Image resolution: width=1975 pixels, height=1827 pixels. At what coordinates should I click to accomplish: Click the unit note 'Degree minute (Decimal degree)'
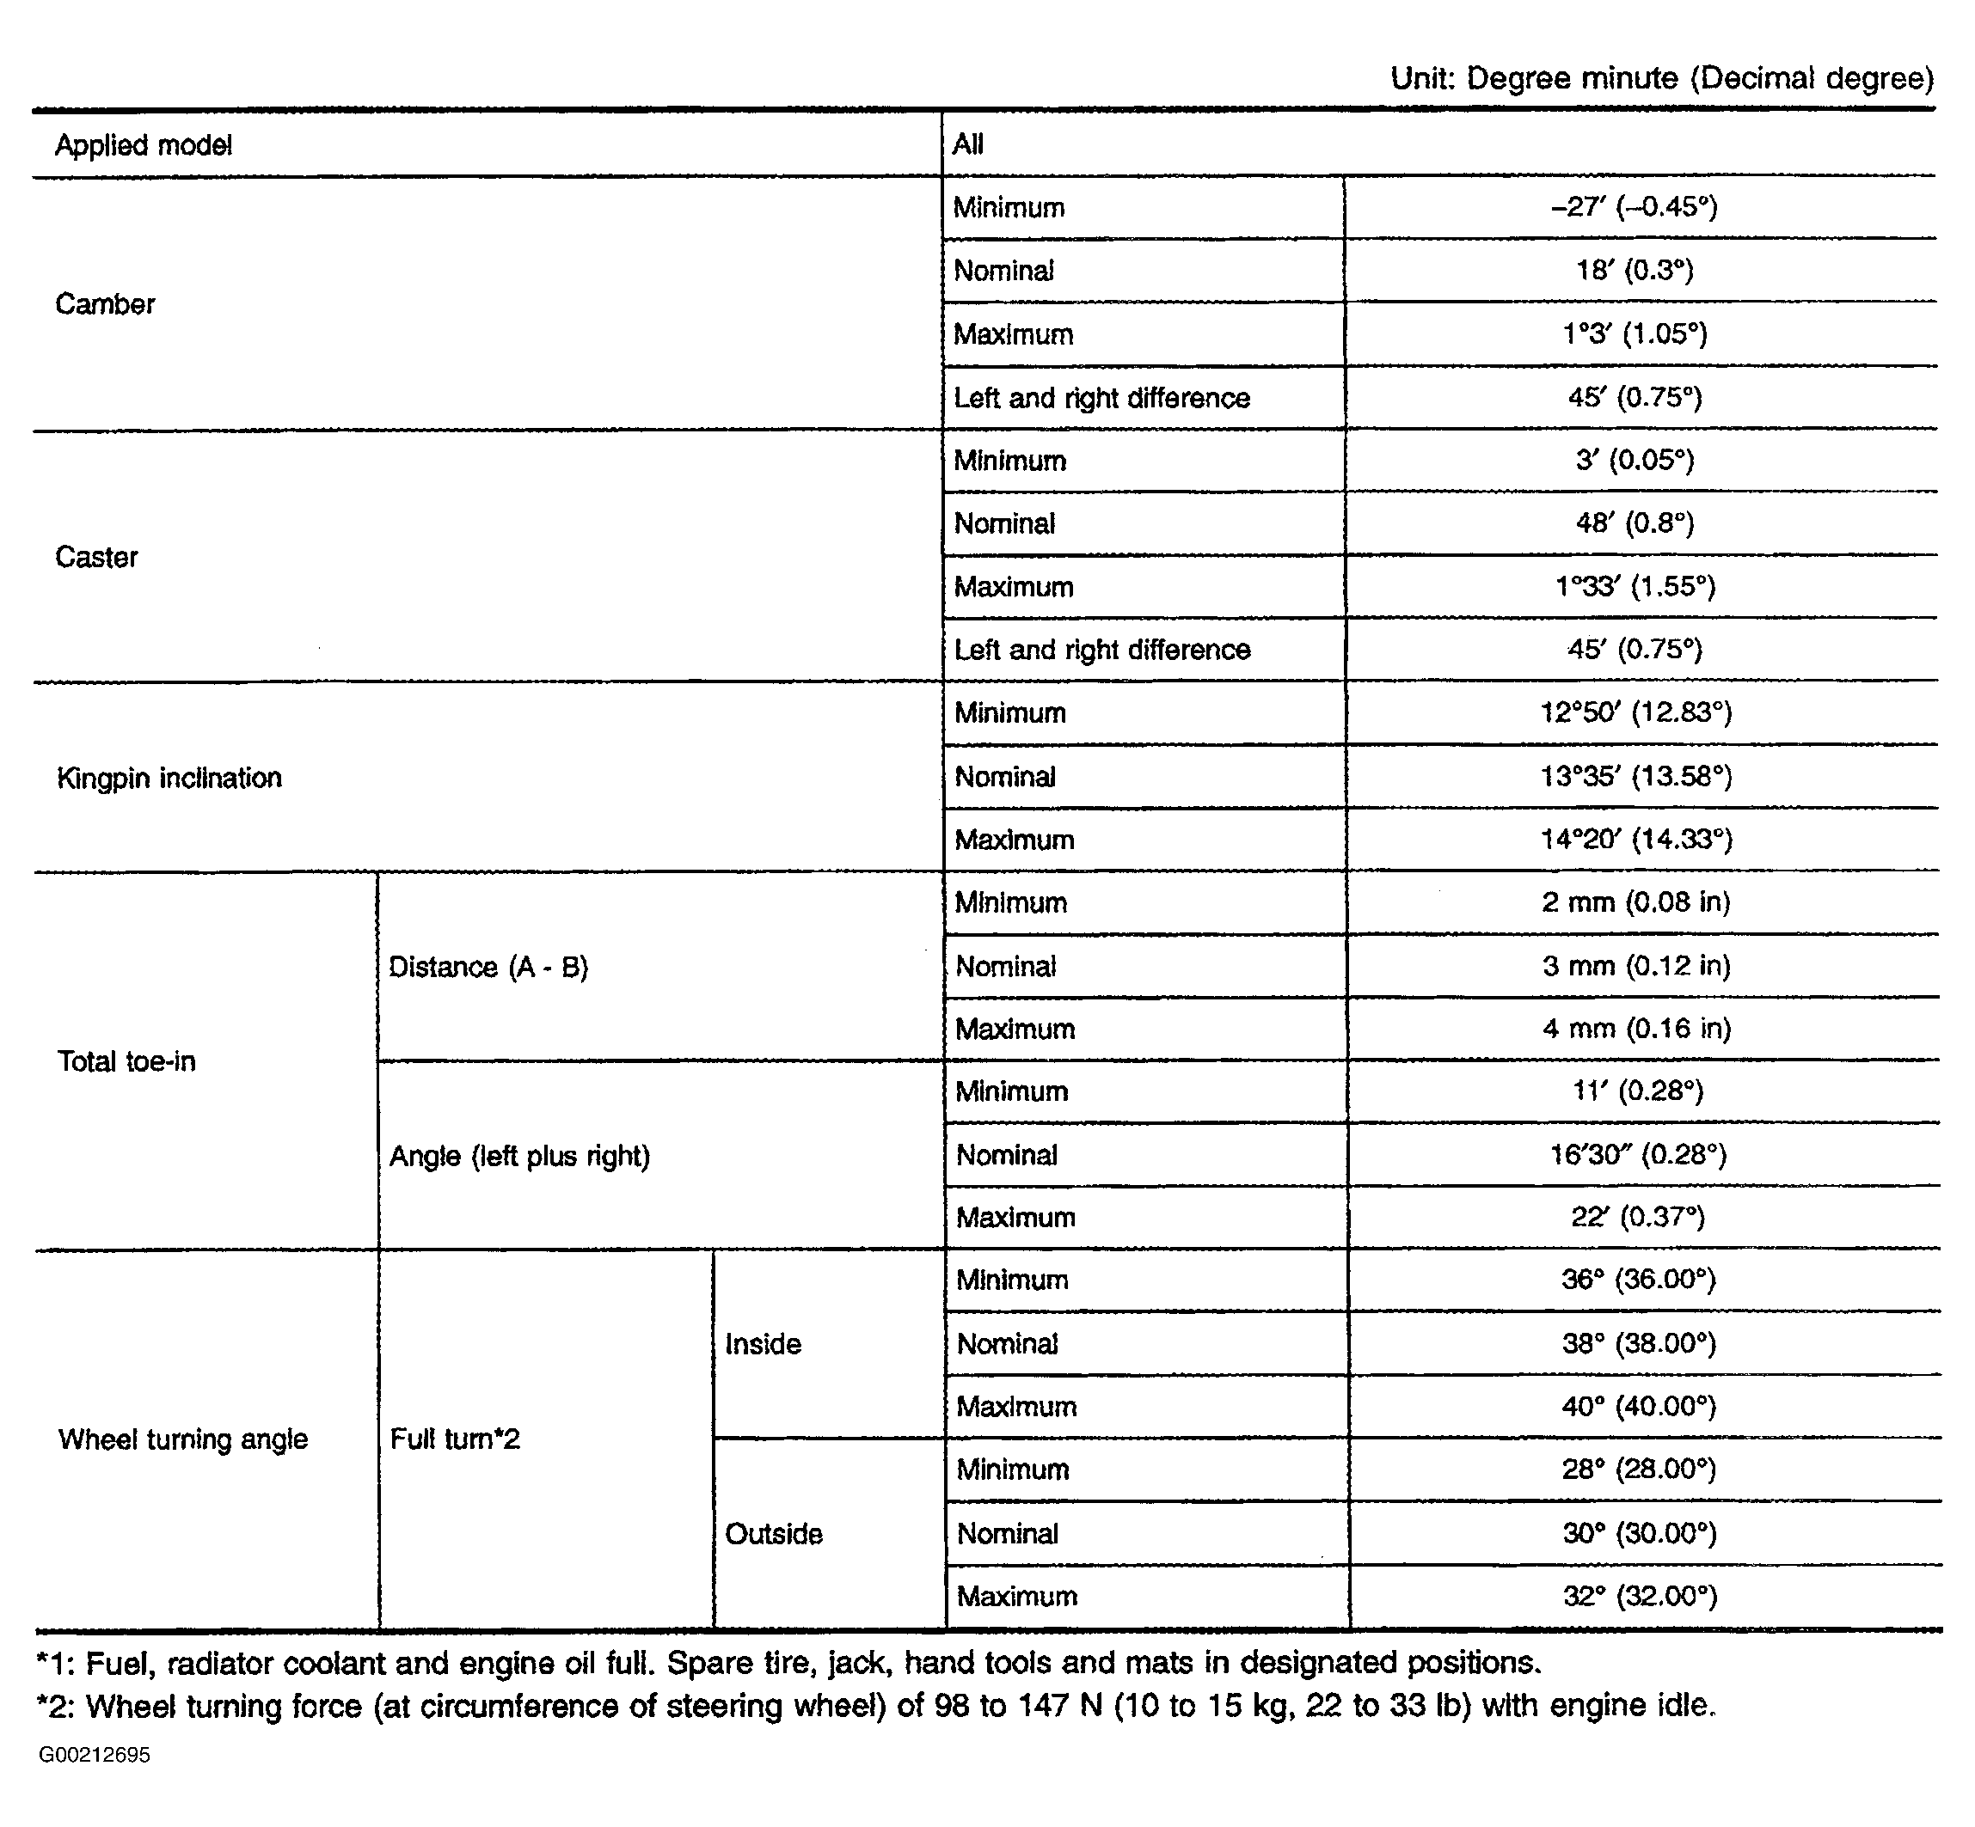pyautogui.click(x=1661, y=78)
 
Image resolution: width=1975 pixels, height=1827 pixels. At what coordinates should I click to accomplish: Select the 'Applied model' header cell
pyautogui.click(x=144, y=145)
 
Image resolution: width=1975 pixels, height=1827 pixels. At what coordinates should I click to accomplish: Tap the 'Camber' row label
pyautogui.click(x=105, y=303)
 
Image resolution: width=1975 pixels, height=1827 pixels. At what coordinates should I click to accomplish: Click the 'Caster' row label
pyautogui.click(x=97, y=557)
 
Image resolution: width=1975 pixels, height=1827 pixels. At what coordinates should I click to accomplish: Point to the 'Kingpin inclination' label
pyautogui.click(x=169, y=778)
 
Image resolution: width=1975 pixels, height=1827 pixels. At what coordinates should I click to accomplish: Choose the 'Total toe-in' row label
pyautogui.click(x=126, y=1060)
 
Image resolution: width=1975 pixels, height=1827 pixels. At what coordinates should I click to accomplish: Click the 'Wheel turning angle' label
pyautogui.click(x=183, y=1439)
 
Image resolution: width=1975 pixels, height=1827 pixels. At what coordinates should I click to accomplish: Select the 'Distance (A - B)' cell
pyautogui.click(x=488, y=966)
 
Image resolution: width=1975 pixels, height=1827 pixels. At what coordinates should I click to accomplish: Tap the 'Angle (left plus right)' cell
pyautogui.click(x=519, y=1156)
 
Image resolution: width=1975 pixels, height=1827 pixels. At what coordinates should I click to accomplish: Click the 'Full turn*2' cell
pyautogui.click(x=455, y=1439)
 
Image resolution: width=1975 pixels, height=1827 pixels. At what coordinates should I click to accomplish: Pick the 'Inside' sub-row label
pyautogui.click(x=763, y=1343)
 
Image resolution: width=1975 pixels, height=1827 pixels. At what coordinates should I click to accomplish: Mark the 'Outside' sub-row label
pyautogui.click(x=773, y=1533)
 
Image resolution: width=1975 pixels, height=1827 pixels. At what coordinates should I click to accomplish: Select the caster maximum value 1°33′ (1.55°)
pyautogui.click(x=1635, y=586)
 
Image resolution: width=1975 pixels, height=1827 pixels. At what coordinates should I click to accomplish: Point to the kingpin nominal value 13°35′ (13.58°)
pyautogui.click(x=1635, y=776)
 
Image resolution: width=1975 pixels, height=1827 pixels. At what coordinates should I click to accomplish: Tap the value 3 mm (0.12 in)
pyautogui.click(x=1635, y=965)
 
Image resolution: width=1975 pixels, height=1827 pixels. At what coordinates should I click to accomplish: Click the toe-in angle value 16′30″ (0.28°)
pyautogui.click(x=1637, y=1154)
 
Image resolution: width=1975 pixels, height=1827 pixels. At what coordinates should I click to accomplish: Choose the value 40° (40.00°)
pyautogui.click(x=1638, y=1406)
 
